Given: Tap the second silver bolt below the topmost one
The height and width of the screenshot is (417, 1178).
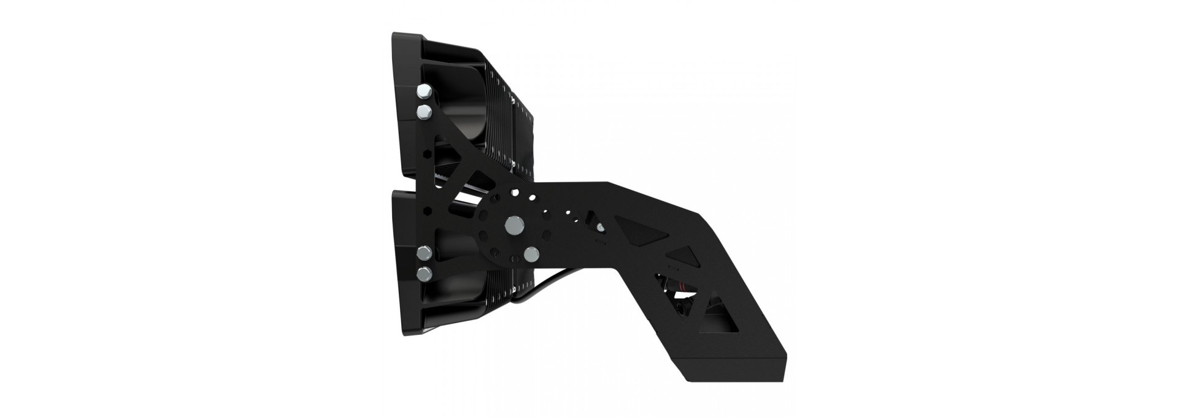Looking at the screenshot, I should (x=423, y=112).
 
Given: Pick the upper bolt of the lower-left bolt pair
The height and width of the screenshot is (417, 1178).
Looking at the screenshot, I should (x=423, y=253).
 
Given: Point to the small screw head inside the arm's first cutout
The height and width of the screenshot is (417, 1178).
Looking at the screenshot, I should (x=599, y=227).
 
